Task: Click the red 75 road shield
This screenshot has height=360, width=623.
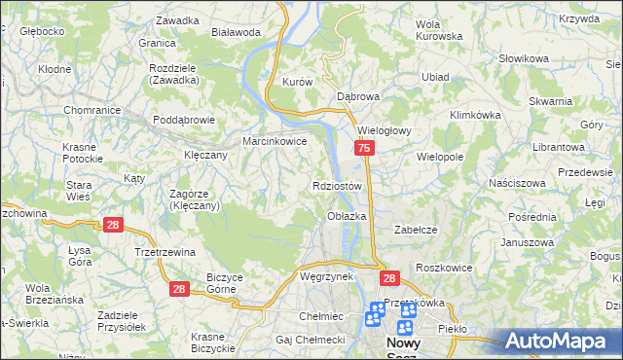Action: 363,148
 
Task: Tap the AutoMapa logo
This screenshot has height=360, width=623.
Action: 562,342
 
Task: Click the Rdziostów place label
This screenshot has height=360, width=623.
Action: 338,186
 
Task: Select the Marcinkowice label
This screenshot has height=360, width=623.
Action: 275,141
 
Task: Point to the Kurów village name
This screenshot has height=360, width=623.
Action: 296,83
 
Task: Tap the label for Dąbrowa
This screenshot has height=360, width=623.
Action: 357,97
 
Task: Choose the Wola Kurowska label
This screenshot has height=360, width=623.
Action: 438,30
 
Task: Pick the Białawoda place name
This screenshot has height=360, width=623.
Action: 237,32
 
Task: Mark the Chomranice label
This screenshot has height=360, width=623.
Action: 91,110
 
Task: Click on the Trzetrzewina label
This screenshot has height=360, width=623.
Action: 165,252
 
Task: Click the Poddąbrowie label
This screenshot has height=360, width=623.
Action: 184,120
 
